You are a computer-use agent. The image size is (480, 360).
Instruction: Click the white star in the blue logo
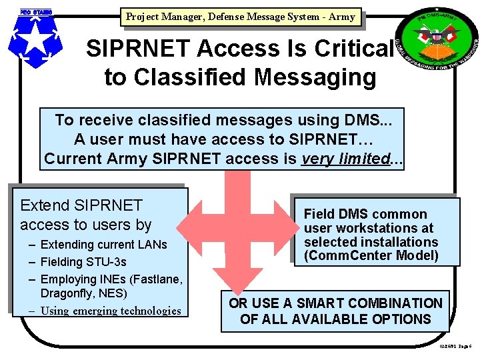click(34, 39)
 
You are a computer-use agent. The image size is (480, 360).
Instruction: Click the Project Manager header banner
click(241, 17)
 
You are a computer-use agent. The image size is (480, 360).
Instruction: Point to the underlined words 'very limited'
click(345, 159)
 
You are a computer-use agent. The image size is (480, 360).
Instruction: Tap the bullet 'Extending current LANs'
click(103, 245)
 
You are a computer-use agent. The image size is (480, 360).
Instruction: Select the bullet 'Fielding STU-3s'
click(83, 261)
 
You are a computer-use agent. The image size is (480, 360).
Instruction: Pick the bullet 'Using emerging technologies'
click(111, 310)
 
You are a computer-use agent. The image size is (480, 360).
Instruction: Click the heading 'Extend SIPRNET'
click(81, 205)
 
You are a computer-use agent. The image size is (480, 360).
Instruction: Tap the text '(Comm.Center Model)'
click(371, 255)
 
